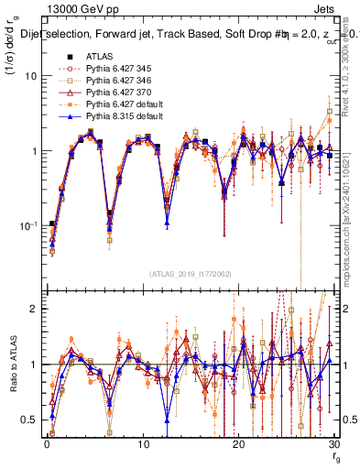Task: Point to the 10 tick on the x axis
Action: pyautogui.click(x=143, y=443)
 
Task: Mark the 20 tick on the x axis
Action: pyautogui.click(x=240, y=443)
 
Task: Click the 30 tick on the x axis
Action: pyautogui.click(x=336, y=443)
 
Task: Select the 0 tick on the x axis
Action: pyautogui.click(x=47, y=443)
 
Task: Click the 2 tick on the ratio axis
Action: pyautogui.click(x=34, y=309)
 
